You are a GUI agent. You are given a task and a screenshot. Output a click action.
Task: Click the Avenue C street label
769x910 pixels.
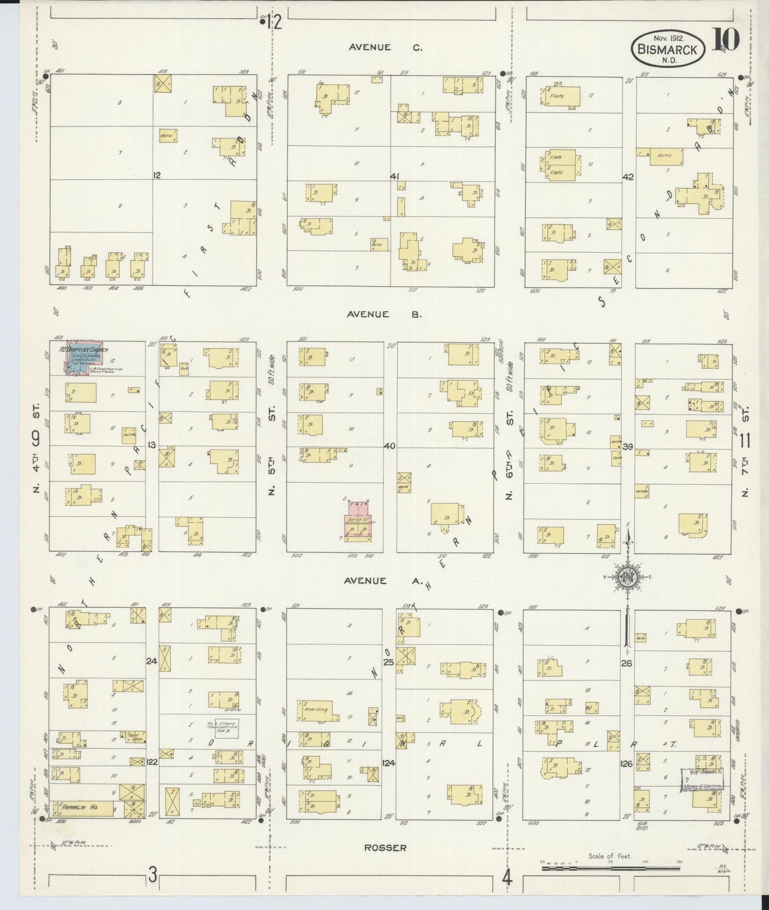pos(385,47)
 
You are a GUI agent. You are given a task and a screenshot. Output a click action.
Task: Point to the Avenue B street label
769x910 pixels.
pos(384,314)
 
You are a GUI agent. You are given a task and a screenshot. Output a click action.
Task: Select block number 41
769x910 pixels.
pos(394,176)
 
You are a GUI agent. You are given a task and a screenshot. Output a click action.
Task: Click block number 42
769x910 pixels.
pos(629,177)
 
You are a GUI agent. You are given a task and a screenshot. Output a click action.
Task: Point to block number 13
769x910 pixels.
pos(152,445)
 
